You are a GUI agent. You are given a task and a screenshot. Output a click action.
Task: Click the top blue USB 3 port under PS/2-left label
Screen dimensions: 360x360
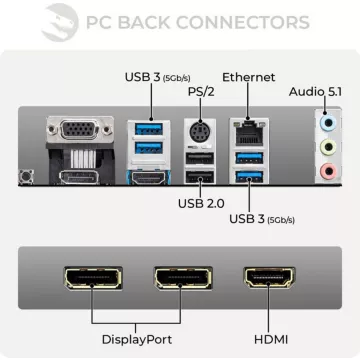[149, 126]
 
